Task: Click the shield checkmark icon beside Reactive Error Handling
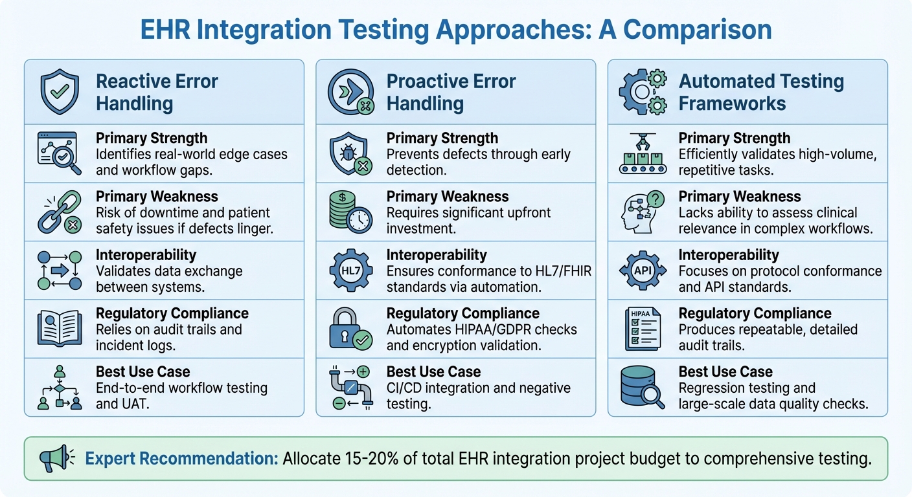pyautogui.click(x=59, y=93)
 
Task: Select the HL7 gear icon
pyautogui.click(x=350, y=270)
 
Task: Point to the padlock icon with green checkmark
pyautogui.click(x=350, y=329)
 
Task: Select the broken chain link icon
pyautogui.click(x=59, y=212)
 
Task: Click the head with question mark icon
pyautogui.click(x=641, y=212)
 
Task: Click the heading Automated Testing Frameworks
pyautogui.click(x=760, y=93)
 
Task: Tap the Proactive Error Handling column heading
pyautogui.click(x=451, y=93)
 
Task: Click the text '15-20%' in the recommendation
pyautogui.click(x=355, y=459)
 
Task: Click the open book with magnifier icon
pyautogui.click(x=59, y=329)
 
